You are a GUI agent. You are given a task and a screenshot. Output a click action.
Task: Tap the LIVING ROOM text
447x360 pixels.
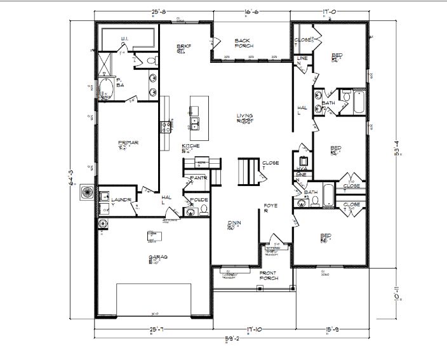tap(245, 119)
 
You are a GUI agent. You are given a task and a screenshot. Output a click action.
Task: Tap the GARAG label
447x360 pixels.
tap(158, 258)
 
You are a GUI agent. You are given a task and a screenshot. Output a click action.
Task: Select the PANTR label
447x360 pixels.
tap(199, 178)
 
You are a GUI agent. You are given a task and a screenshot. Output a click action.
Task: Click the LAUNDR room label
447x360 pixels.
tap(122, 201)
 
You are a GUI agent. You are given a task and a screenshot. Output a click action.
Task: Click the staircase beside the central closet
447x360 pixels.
tap(249, 171)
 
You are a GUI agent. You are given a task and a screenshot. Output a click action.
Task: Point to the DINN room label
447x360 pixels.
tap(234, 223)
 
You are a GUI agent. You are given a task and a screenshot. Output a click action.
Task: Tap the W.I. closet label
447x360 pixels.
tap(126, 39)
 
